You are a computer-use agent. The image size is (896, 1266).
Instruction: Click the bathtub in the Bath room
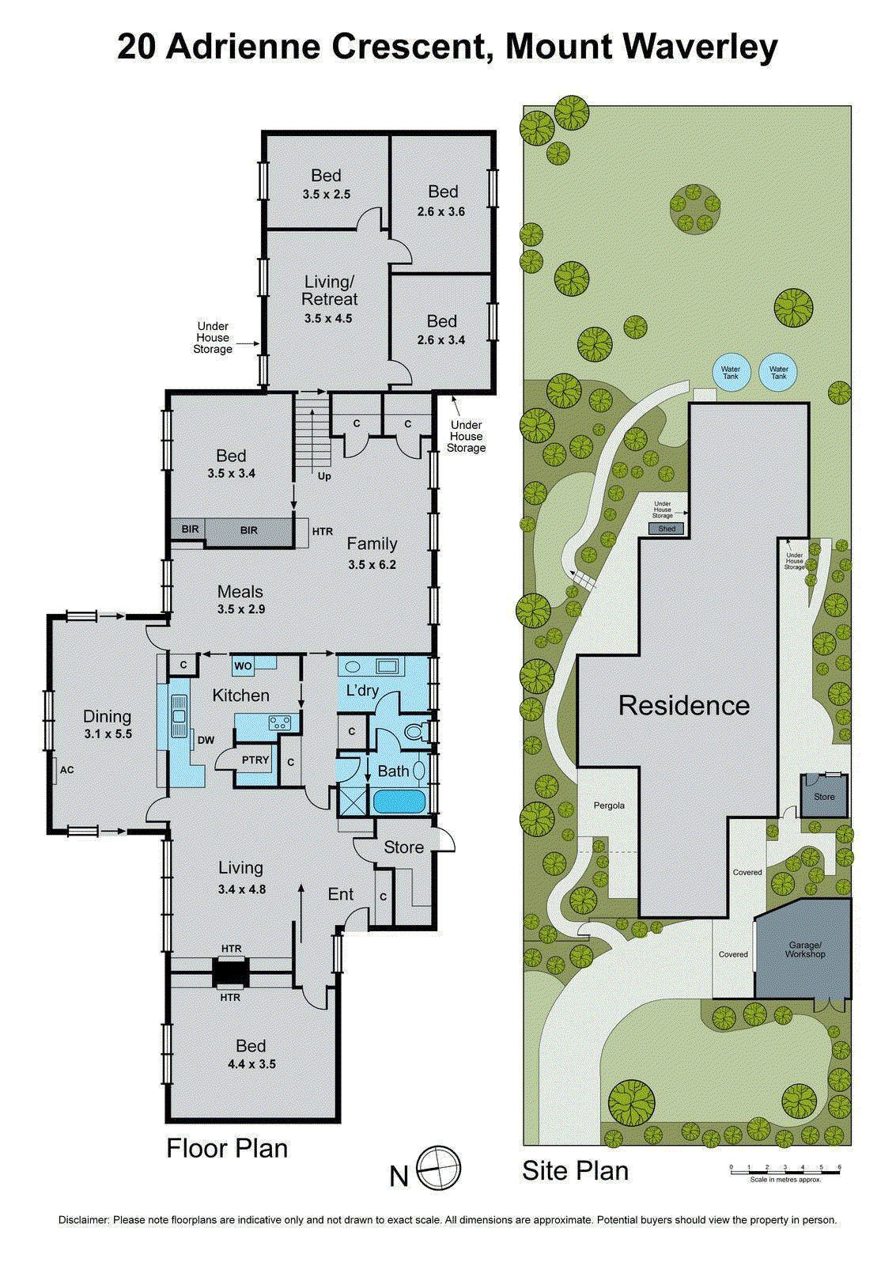click(x=399, y=802)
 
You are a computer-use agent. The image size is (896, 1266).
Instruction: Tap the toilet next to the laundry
click(x=414, y=732)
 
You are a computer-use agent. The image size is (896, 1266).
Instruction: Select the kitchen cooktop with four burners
click(x=280, y=722)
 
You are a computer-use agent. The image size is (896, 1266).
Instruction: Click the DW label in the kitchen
click(x=206, y=741)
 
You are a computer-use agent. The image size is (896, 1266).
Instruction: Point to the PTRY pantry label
click(x=255, y=760)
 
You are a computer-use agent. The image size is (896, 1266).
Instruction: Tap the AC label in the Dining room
click(x=66, y=770)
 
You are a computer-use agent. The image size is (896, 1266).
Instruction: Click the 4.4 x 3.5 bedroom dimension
click(x=251, y=1064)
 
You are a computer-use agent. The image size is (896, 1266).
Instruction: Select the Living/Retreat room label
click(x=330, y=290)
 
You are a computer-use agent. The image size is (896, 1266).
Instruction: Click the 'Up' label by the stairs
click(x=324, y=476)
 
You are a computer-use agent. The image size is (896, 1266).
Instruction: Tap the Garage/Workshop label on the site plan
click(x=805, y=949)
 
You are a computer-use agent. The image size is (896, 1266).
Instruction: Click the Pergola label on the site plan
click(x=609, y=805)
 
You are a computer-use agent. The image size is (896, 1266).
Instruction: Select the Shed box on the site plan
click(x=667, y=529)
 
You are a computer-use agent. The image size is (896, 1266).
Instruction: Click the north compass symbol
click(x=439, y=1168)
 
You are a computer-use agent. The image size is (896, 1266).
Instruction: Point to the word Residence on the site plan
click(x=684, y=705)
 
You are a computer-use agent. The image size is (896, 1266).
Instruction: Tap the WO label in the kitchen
click(x=243, y=666)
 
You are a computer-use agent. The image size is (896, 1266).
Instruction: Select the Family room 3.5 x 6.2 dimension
click(x=372, y=565)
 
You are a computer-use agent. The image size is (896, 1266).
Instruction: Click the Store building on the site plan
click(x=824, y=796)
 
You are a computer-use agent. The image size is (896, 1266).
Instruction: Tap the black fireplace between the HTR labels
click(x=231, y=972)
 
